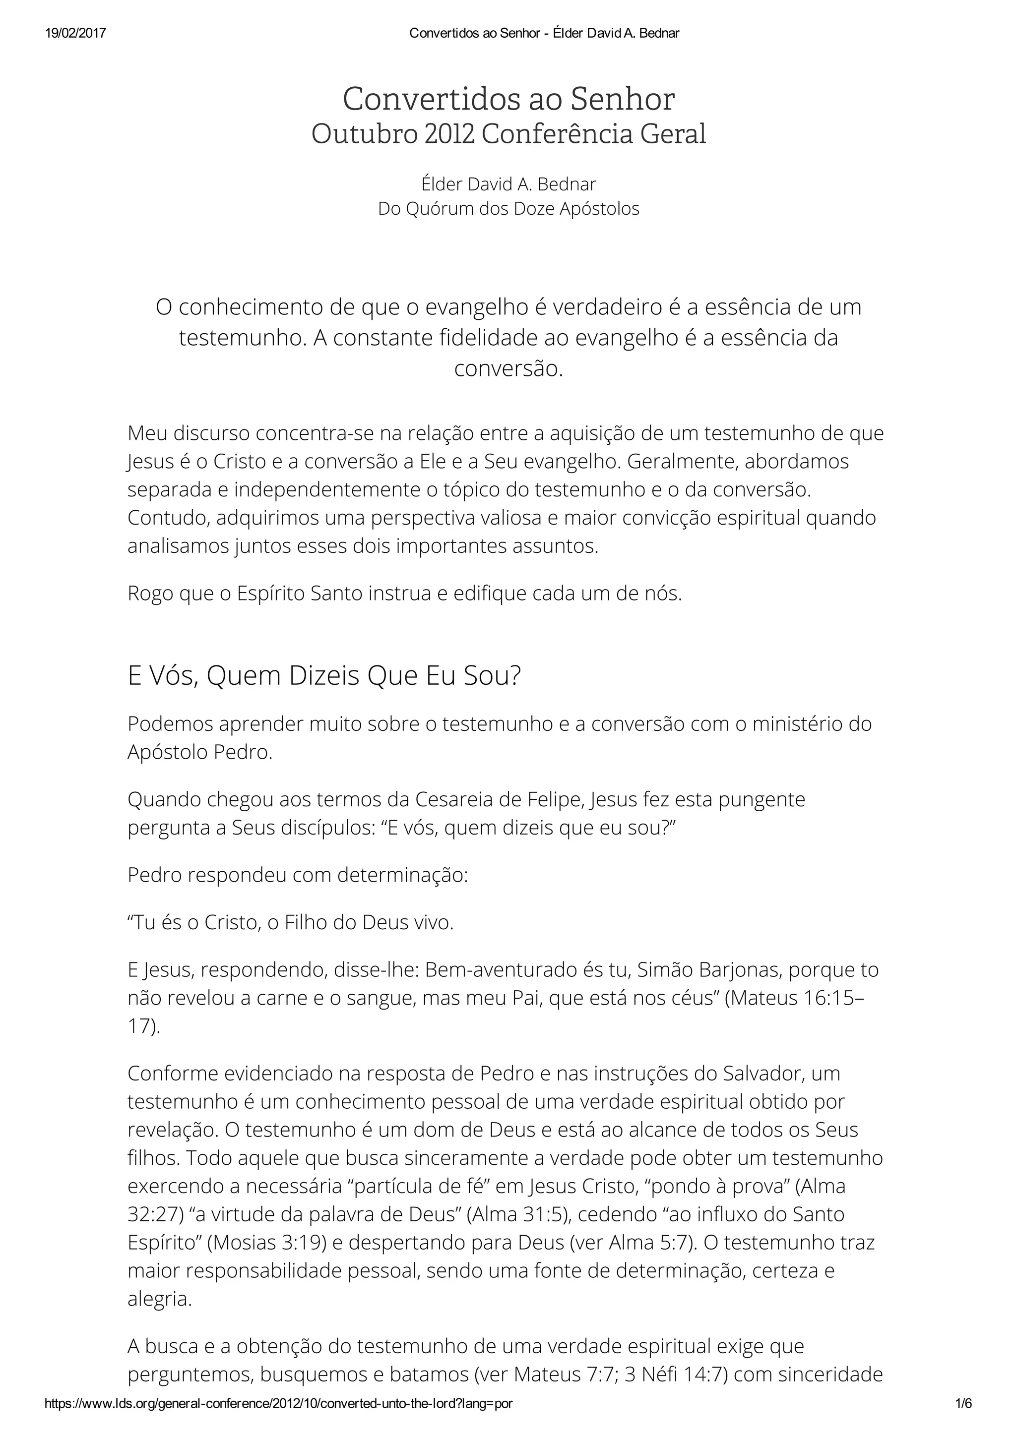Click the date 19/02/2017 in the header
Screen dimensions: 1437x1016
[75, 33]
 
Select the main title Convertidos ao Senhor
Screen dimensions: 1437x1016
[508, 99]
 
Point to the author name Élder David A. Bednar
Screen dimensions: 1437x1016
[508, 184]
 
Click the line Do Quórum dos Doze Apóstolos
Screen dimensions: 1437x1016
[508, 208]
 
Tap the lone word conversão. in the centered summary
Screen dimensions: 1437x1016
[508, 368]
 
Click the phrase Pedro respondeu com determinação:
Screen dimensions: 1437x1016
[297, 874]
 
